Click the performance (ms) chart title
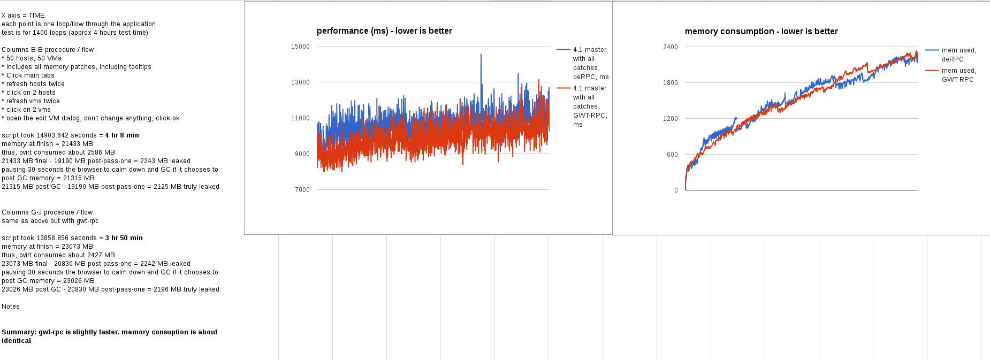(x=384, y=31)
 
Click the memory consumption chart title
(x=761, y=32)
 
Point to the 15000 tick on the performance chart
(x=300, y=47)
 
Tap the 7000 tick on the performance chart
(x=302, y=190)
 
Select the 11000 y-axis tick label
(x=300, y=118)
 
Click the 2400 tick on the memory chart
(x=671, y=47)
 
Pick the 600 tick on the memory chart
(x=672, y=155)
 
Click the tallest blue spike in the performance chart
(x=481, y=55)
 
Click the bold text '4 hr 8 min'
(x=122, y=135)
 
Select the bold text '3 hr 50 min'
(x=124, y=238)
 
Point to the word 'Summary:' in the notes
(x=19, y=332)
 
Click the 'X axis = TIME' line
(x=23, y=16)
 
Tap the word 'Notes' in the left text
(x=11, y=307)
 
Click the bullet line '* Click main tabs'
(x=28, y=75)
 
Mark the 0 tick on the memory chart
(x=676, y=190)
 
